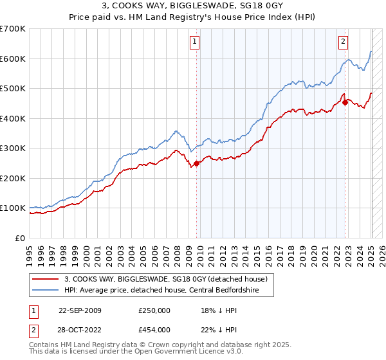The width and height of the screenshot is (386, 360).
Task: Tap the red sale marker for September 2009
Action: [x=197, y=163]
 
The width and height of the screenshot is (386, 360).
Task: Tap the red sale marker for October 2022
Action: [x=345, y=102]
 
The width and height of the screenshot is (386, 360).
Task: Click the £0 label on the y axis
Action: [x=20, y=238]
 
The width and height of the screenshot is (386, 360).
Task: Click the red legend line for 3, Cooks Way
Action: [x=46, y=278]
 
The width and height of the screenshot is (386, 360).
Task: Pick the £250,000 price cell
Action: [x=154, y=310]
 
